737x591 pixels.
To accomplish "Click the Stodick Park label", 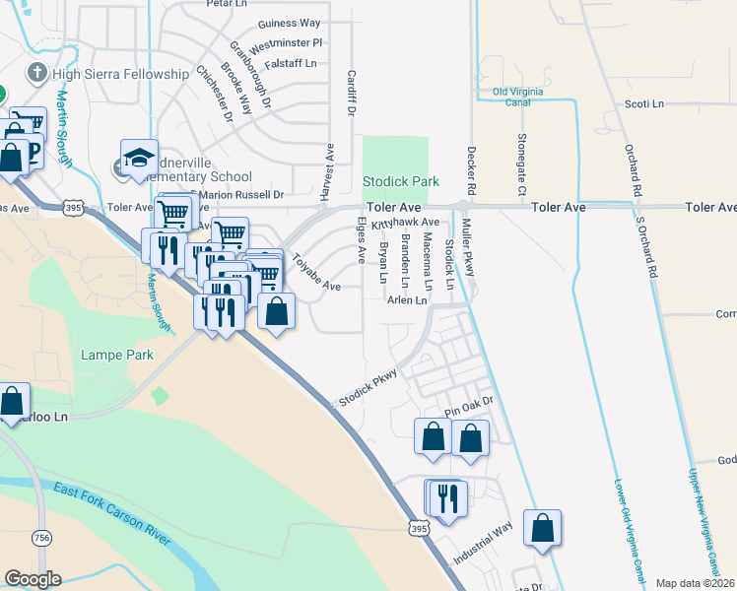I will point(401,182).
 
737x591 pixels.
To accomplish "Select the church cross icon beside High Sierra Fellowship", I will point(37,73).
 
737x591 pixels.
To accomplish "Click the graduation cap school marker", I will point(139,158).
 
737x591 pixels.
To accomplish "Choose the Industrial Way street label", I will point(483,544).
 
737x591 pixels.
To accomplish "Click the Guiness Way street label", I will point(289,23).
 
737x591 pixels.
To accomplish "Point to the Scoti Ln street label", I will point(644,103).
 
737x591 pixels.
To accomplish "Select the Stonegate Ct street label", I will point(522,162).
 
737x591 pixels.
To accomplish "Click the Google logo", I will point(33,579).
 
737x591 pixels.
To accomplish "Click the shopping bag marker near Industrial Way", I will point(542,528).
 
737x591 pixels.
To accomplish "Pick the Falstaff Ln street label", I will point(290,63).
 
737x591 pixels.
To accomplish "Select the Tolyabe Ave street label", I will point(315,274).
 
